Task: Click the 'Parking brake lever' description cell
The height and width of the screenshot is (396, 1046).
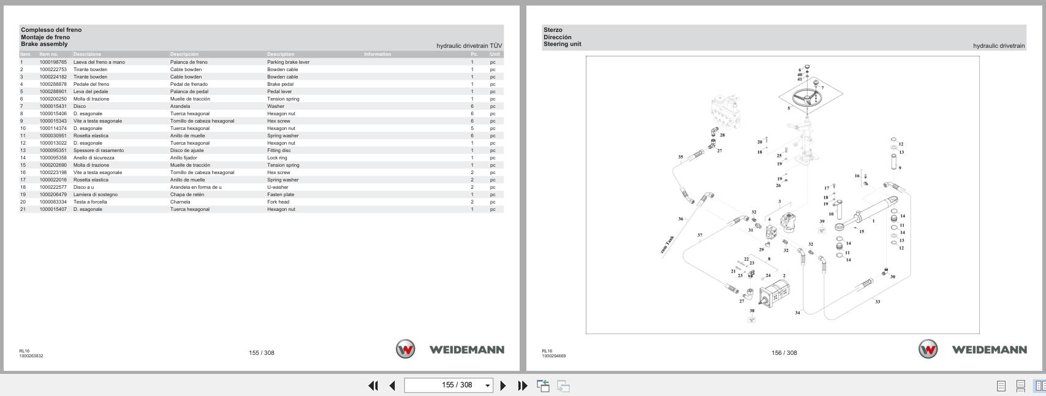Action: click(288, 62)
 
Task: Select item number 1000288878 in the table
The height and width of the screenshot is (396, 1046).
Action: click(53, 84)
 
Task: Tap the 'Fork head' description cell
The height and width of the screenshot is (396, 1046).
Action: click(278, 202)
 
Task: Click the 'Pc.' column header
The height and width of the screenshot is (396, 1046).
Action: click(474, 54)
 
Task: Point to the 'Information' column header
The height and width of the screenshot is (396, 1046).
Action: click(377, 54)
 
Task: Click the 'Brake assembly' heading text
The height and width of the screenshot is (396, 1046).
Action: click(44, 44)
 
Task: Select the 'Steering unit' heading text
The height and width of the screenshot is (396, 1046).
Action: click(562, 44)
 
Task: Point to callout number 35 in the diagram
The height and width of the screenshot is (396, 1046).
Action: click(680, 157)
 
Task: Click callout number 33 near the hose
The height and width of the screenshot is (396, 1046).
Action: click(877, 302)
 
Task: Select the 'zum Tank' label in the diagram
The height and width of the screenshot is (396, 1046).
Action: click(667, 245)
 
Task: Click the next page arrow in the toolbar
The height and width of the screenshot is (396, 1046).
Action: click(503, 386)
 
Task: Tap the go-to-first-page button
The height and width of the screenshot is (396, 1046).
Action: click(373, 386)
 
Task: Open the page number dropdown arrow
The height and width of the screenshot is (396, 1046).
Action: click(488, 386)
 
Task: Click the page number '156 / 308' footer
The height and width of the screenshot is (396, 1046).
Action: click(784, 352)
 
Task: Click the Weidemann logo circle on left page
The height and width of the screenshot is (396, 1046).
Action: click(405, 349)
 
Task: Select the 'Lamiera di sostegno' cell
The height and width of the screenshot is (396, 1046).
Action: click(95, 194)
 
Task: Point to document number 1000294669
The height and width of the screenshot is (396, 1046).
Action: click(553, 356)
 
